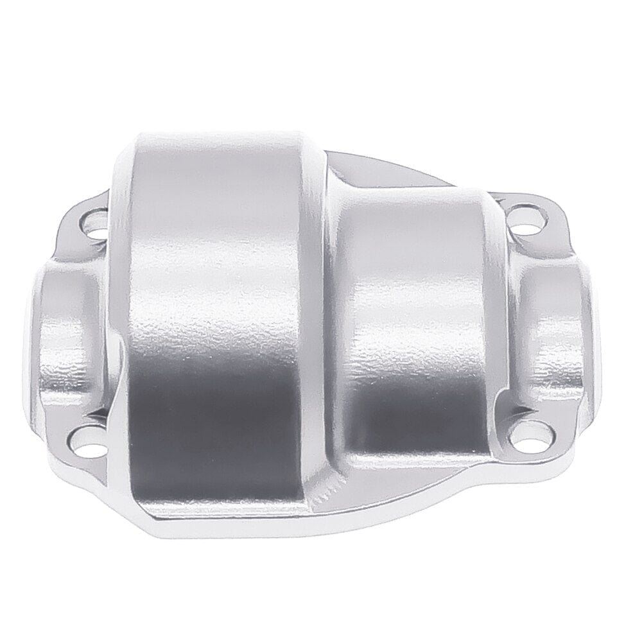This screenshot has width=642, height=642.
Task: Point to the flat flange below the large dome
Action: click(212, 520)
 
